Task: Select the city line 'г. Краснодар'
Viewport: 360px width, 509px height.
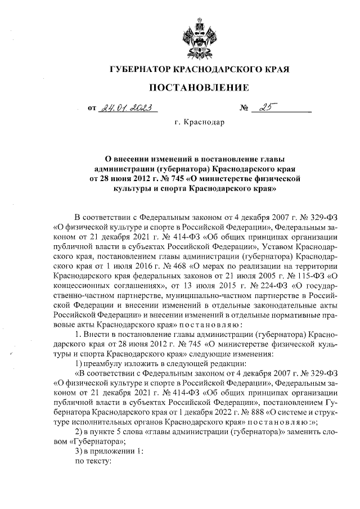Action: (x=199, y=122)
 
